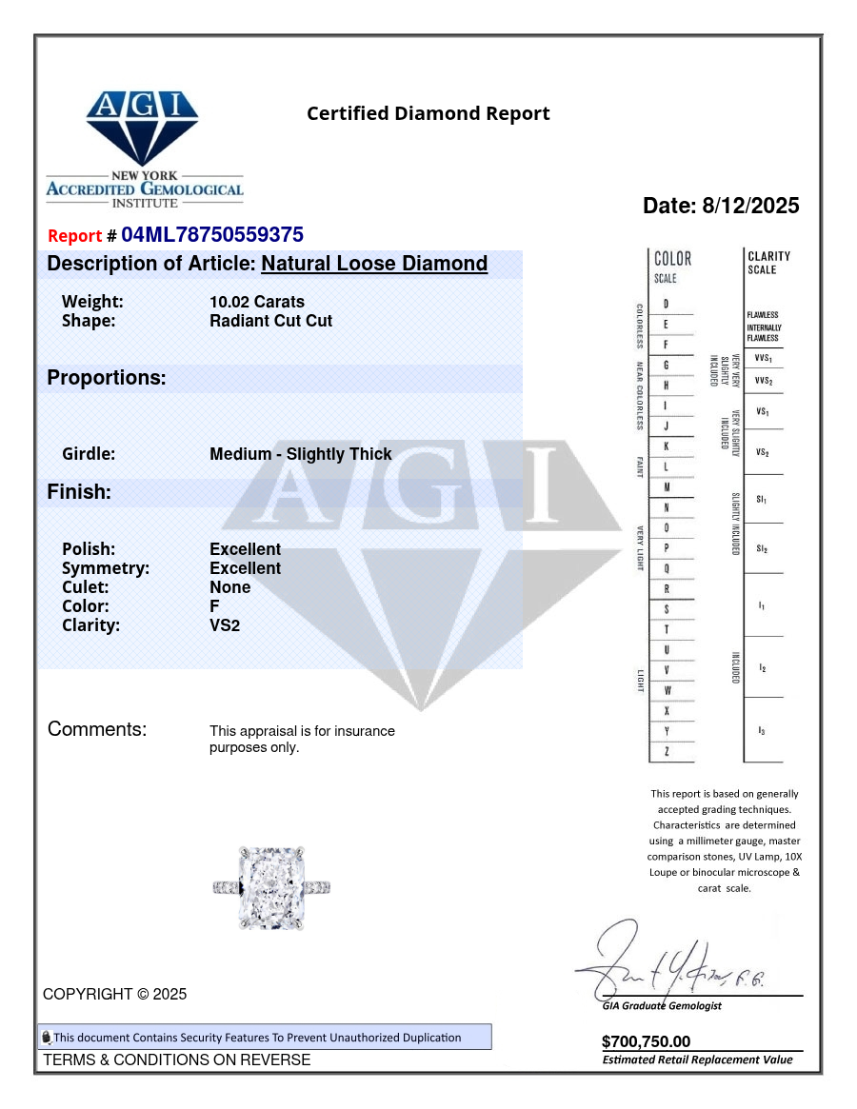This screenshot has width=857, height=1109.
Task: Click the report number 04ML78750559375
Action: pyautogui.click(x=212, y=235)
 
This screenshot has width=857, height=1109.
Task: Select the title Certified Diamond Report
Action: pyautogui.click(x=428, y=113)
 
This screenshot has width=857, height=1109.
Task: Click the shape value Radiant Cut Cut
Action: pyautogui.click(x=270, y=321)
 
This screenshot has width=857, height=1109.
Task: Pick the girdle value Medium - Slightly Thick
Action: pyautogui.click(x=300, y=454)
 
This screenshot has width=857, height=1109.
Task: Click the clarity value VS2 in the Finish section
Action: pyautogui.click(x=225, y=625)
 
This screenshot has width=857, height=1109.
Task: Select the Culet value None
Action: pyautogui.click(x=229, y=587)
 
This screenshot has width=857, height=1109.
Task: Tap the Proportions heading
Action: pyautogui.click(x=107, y=378)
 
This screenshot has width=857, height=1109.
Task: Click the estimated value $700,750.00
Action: pyautogui.click(x=646, y=1041)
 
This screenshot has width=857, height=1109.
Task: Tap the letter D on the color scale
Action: pyautogui.click(x=666, y=304)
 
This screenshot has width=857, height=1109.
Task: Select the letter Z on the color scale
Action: pyautogui.click(x=666, y=752)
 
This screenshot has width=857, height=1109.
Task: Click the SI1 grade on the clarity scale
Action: pyautogui.click(x=762, y=499)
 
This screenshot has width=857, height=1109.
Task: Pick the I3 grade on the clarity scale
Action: pyautogui.click(x=762, y=730)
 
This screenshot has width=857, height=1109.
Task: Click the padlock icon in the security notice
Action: pyautogui.click(x=46, y=1038)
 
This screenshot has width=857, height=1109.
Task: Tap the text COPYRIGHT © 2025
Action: pyautogui.click(x=114, y=994)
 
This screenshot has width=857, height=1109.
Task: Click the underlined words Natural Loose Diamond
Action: pyautogui.click(x=374, y=264)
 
